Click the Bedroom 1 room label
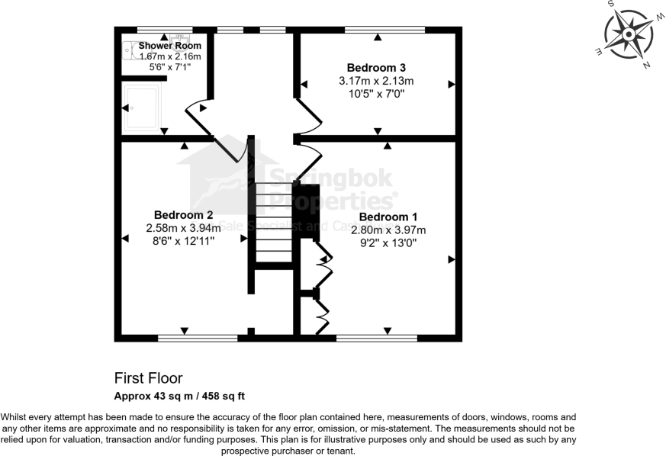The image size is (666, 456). [388, 217]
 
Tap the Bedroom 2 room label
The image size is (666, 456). [183, 215]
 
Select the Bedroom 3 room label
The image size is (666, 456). [376, 67]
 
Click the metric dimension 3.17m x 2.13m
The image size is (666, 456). [376, 81]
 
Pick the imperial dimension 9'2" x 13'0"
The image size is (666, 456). [388, 242]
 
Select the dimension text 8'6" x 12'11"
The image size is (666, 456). [183, 240]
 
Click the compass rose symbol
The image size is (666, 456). [629, 35]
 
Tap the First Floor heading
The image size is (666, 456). [148, 378]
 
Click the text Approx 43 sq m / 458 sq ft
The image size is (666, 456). [179, 396]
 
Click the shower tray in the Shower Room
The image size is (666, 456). [142, 108]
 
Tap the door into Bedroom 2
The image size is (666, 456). [230, 149]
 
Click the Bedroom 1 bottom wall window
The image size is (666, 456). [376, 336]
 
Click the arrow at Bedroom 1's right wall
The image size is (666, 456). [451, 260]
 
